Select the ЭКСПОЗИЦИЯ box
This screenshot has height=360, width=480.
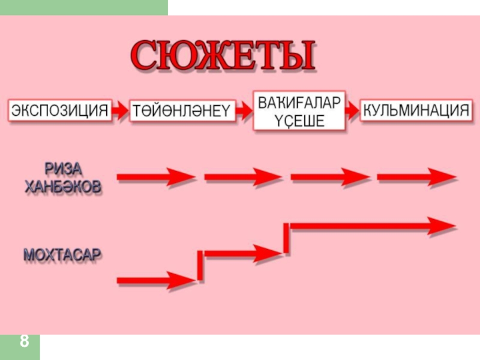click(61, 110)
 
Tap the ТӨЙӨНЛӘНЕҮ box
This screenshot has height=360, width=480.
click(182, 111)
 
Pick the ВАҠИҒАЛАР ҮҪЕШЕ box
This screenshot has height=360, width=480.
click(299, 110)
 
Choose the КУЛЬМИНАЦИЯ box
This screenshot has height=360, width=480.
click(416, 110)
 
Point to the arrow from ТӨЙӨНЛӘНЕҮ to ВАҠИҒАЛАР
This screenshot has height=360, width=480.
click(244, 111)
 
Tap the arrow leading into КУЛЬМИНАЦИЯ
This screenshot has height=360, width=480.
click(353, 111)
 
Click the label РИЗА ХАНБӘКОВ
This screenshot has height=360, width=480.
click(63, 178)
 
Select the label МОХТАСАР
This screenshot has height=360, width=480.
click(62, 255)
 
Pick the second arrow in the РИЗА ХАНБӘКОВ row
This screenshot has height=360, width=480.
click(243, 178)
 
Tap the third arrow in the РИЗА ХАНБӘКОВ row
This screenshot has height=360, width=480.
click(329, 178)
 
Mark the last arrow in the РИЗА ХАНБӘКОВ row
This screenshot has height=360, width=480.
click(416, 178)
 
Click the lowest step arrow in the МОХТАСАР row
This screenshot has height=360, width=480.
click(153, 280)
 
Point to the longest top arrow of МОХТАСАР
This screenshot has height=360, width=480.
click(372, 227)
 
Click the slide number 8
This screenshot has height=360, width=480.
click(24, 342)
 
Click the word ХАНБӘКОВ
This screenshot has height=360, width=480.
click(63, 187)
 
